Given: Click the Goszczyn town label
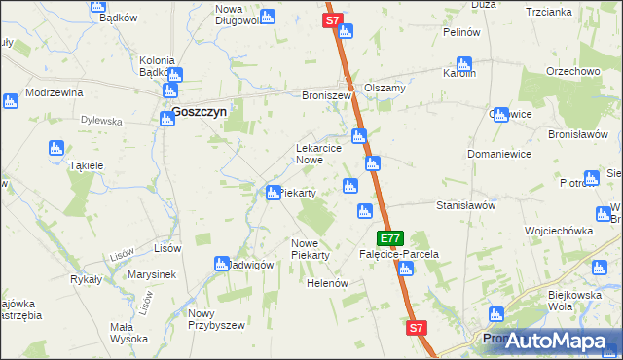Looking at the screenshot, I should pyautogui.click(x=200, y=112).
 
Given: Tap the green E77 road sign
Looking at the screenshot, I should pyautogui.click(x=390, y=237).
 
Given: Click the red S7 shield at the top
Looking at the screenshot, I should pyautogui.click(x=332, y=19).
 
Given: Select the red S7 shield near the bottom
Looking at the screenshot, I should pyautogui.click(x=417, y=329).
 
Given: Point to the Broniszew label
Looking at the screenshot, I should pyautogui.click(x=325, y=96).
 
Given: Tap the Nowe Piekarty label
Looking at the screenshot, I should pyautogui.click(x=311, y=249).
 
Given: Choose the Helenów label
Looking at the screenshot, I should pyautogui.click(x=327, y=283).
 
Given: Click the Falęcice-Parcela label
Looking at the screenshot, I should pyautogui.click(x=399, y=254).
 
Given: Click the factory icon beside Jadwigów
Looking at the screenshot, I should pyautogui.click(x=222, y=264).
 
